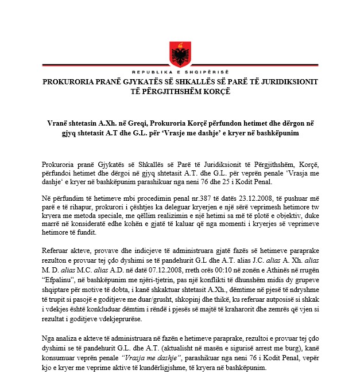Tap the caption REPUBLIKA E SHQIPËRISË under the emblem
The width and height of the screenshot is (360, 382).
(179, 73)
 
